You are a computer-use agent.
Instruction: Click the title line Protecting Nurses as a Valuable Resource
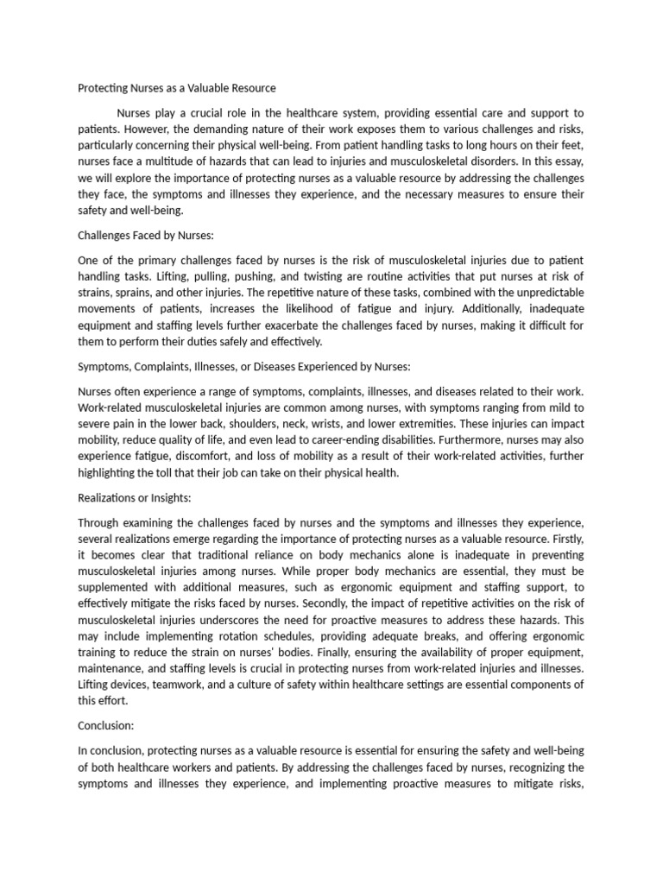click(x=176, y=88)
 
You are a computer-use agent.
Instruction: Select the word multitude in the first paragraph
click(x=200, y=161)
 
